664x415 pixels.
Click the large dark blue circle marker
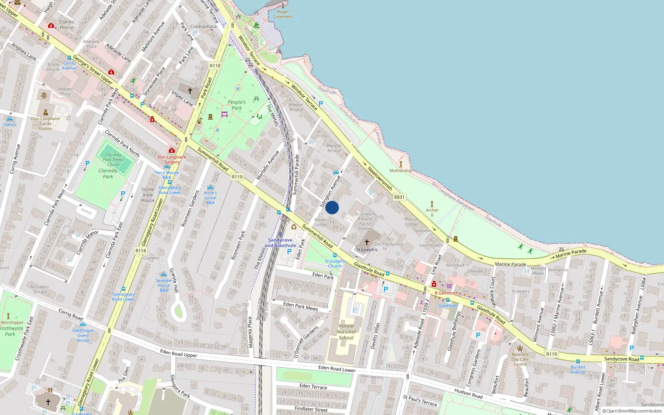(332, 207)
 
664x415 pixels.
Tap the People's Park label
(237, 105)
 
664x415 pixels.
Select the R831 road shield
(399, 197)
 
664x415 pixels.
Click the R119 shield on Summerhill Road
(237, 177)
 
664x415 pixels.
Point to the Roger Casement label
(283, 14)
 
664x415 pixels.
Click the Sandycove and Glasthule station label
(281, 243)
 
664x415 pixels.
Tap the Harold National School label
(346, 332)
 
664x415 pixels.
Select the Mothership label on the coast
(401, 171)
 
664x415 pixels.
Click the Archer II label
(432, 212)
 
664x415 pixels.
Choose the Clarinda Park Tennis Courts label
(113, 160)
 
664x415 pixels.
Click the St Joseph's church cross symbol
(366, 242)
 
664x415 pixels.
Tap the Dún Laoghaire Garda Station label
(46, 123)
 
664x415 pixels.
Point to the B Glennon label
(445, 293)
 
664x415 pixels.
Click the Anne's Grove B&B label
(210, 198)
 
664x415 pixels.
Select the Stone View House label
(148, 195)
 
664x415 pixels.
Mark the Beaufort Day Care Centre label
(520, 359)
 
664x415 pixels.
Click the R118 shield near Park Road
(215, 66)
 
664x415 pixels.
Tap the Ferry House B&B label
(167, 175)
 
